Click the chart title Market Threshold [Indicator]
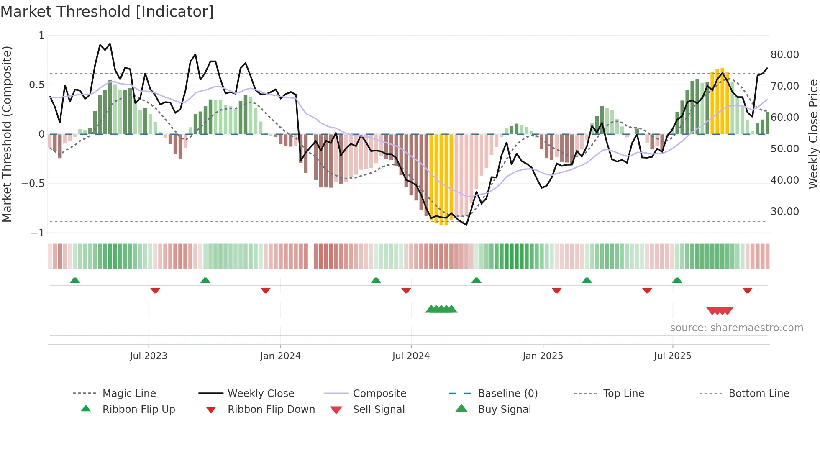107,12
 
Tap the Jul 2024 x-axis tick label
411,356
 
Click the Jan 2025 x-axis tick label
543,356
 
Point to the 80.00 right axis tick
784,55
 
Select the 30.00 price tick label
784,212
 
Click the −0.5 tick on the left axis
33,184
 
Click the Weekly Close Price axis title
813,134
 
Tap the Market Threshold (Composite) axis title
7,134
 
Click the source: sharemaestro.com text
736,328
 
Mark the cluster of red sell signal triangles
720,311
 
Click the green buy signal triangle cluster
441,309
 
